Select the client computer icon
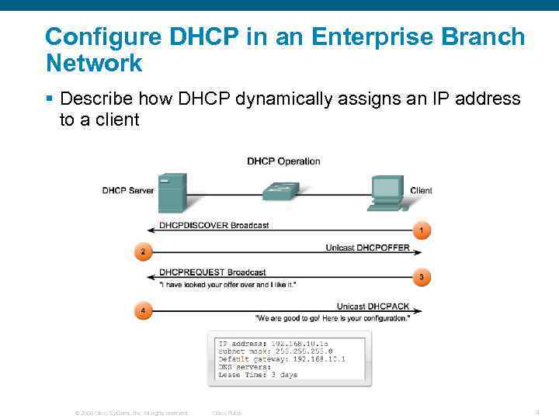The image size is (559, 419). (387, 192)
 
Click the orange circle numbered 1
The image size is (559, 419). (422, 230)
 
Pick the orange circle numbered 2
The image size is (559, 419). (141, 252)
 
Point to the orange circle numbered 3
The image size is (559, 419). (422, 277)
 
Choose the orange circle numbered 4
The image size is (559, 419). (141, 311)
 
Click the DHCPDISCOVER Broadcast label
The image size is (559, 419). (214, 225)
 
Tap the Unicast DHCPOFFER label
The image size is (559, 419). (367, 248)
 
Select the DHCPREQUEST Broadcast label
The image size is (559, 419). (212, 272)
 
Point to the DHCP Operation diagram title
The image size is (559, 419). (283, 161)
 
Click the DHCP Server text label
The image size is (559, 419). (128, 191)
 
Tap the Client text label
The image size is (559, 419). (421, 191)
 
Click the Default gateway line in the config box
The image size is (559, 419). (282, 359)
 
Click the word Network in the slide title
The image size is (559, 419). (94, 63)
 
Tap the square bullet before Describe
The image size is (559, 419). (49, 99)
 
